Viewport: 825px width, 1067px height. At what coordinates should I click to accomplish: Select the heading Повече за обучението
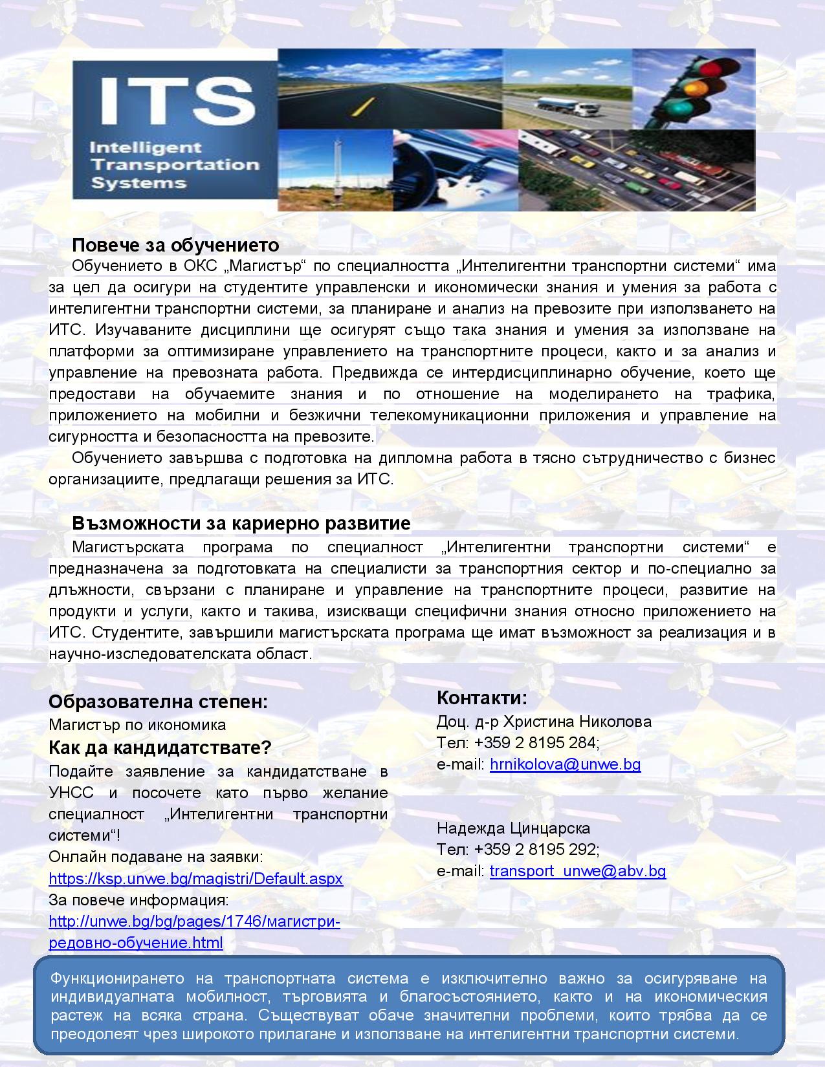(x=175, y=246)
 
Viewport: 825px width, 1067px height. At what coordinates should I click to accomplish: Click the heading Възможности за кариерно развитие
(x=241, y=523)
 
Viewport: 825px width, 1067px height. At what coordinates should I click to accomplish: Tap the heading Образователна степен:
(x=158, y=702)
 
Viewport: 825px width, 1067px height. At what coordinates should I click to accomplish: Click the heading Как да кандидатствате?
(x=160, y=748)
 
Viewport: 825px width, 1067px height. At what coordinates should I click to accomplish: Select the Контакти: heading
(x=482, y=698)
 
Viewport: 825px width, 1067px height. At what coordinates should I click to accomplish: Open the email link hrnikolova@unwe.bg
(x=565, y=764)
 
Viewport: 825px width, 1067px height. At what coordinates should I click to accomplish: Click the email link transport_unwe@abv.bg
(x=577, y=871)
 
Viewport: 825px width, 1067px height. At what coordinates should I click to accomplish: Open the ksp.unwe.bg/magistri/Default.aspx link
(x=195, y=879)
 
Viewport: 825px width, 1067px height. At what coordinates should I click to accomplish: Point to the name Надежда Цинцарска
(x=513, y=828)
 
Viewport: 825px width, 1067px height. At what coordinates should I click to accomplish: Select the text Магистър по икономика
(x=137, y=725)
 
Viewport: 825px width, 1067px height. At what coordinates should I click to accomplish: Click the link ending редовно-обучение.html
(x=136, y=942)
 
